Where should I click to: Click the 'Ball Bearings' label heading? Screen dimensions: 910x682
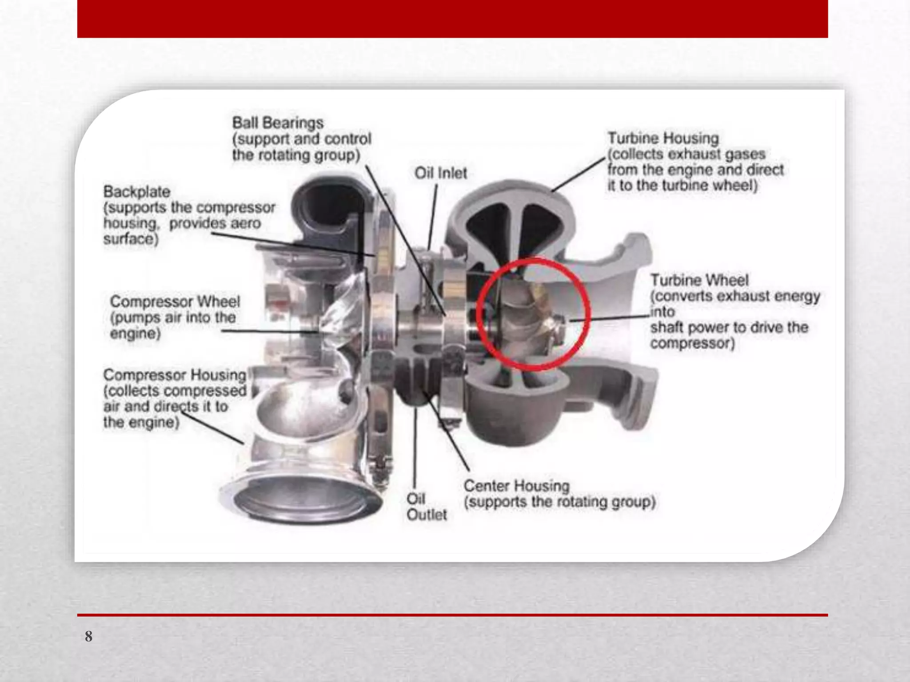(278, 123)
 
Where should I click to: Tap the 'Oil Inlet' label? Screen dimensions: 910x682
(441, 173)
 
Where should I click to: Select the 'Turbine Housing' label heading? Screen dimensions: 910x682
(663, 138)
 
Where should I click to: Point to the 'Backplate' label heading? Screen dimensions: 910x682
(137, 192)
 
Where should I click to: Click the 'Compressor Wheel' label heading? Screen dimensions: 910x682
(175, 301)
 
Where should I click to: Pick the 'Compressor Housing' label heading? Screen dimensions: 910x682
(175, 375)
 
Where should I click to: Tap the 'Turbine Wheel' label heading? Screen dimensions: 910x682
(699, 280)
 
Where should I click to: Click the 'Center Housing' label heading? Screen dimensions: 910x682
(516, 486)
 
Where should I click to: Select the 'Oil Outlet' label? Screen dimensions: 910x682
(427, 507)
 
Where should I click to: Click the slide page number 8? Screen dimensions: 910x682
(89, 636)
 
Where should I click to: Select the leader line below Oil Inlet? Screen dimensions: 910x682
(433, 217)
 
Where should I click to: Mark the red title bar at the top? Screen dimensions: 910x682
(452, 19)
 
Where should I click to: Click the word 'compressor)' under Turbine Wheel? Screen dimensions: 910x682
(692, 343)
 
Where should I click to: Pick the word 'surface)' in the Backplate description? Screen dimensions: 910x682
(131, 239)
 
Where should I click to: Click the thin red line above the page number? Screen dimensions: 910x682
(452, 615)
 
